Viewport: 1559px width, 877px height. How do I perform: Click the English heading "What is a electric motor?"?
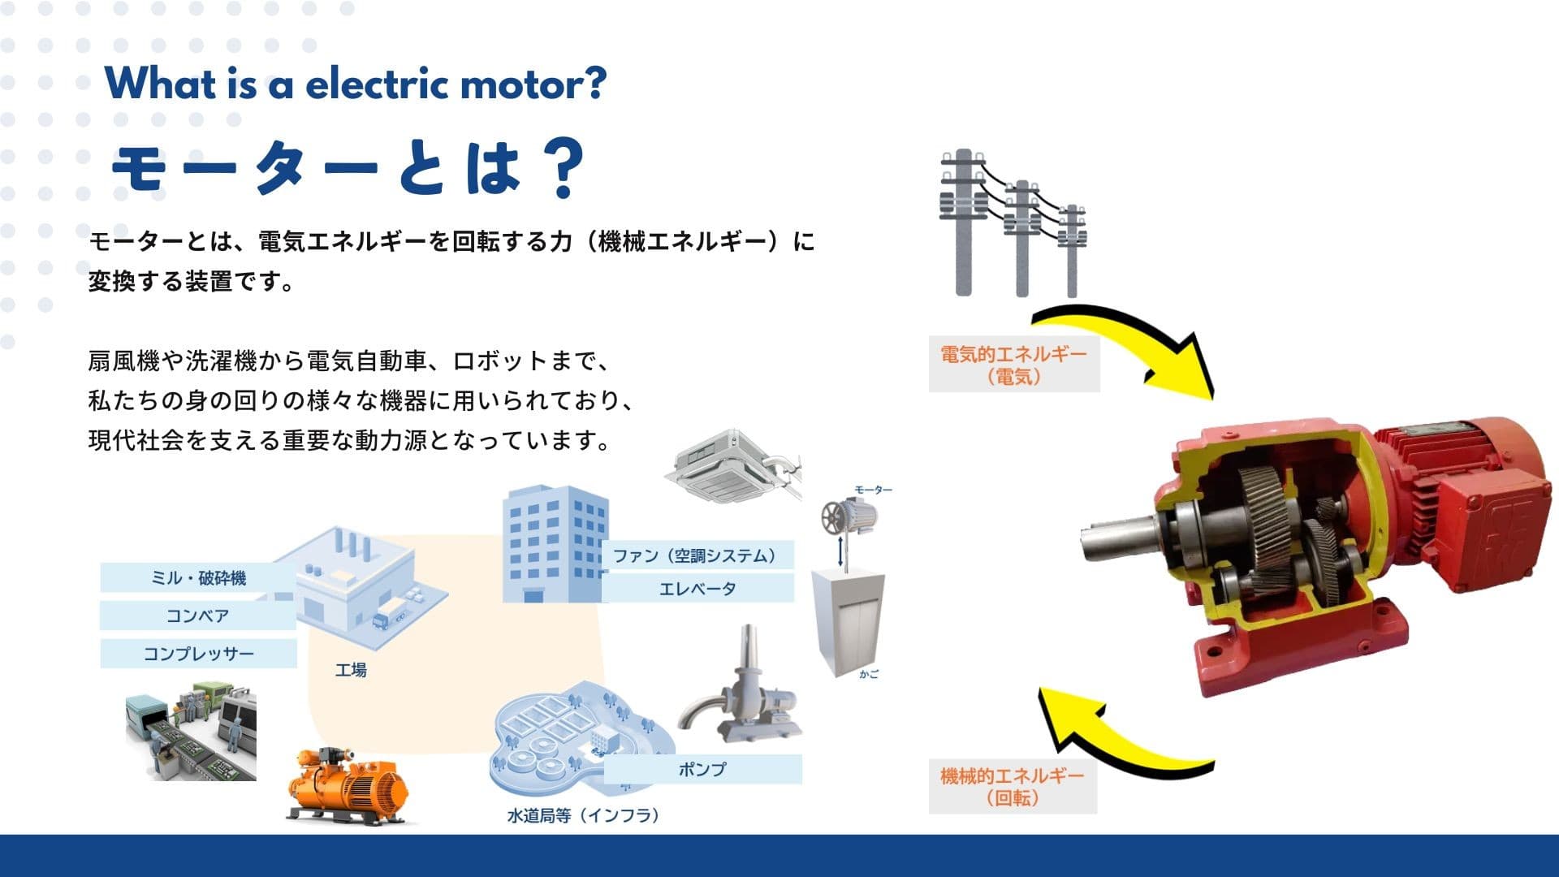(356, 84)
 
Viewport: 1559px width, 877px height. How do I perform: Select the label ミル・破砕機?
(198, 578)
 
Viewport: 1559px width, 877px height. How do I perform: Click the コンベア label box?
(197, 616)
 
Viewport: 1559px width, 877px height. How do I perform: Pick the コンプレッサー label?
(198, 654)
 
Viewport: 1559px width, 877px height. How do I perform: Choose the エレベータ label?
(697, 589)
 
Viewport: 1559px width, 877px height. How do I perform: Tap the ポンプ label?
(702, 769)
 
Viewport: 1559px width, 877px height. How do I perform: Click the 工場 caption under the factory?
(351, 670)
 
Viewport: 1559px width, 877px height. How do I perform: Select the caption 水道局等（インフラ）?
(583, 815)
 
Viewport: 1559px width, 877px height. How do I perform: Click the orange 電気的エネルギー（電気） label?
(1013, 365)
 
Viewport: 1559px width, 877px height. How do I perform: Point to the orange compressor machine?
(348, 786)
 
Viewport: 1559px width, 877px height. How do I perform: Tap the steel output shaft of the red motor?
(1117, 542)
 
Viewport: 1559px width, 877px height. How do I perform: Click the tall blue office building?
(554, 544)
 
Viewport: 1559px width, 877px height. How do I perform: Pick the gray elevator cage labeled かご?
(848, 621)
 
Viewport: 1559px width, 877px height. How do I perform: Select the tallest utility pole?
(963, 223)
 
